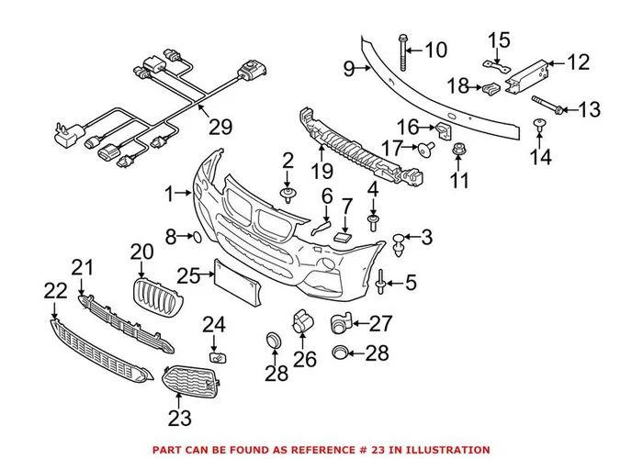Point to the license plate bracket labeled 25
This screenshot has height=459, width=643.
236,285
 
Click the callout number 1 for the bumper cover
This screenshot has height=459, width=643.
168,194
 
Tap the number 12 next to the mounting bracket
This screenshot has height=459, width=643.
577,62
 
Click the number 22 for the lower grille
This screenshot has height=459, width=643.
55,291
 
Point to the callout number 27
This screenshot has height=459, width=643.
380,322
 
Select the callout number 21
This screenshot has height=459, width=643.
84,268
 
